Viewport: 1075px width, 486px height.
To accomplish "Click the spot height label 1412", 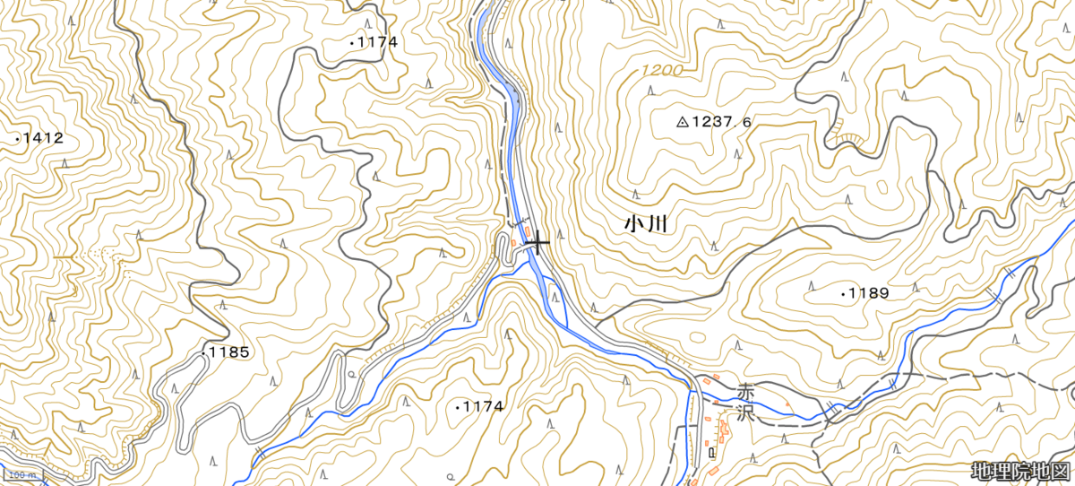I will coord(43,138).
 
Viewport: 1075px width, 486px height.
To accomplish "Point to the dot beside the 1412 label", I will coord(17,139).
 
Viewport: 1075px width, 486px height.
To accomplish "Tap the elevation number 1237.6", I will coord(721,122).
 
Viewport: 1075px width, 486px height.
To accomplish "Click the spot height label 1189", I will coord(869,293).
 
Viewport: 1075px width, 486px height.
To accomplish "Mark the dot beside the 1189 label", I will coord(844,293).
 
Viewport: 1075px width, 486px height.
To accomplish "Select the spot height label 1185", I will coord(230,352).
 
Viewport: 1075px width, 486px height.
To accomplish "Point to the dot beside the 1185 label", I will coord(205,352).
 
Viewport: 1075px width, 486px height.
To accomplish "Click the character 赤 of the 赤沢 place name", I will coord(746,392).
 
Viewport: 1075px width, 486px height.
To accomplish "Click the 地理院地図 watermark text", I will coord(1020,471).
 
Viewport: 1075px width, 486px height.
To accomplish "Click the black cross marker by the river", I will coord(537,243).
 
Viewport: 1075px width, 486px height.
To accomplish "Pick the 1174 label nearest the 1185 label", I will coord(483,406).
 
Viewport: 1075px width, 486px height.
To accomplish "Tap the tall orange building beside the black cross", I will coord(513,240).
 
